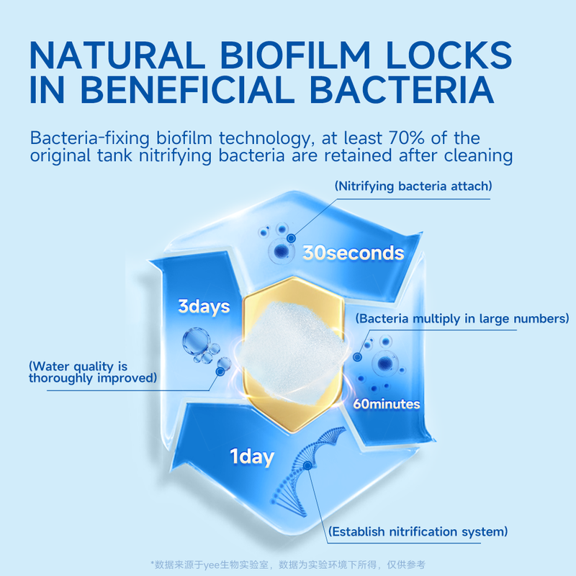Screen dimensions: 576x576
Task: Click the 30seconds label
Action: point(353,253)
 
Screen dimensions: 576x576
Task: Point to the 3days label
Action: point(204,307)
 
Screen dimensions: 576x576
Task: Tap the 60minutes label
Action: point(387,404)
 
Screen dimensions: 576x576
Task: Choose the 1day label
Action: point(252,457)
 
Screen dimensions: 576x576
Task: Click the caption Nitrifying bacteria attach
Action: point(413,186)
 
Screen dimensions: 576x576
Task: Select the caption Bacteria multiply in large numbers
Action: point(462,318)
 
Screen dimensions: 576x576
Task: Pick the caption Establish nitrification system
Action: point(418,531)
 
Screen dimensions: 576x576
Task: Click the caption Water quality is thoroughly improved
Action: point(93,372)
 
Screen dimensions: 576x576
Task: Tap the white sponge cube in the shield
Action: point(294,353)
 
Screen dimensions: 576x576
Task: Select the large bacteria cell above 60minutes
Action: point(385,364)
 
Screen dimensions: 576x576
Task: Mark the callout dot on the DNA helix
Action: point(308,465)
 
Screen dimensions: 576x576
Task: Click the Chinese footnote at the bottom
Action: point(288,564)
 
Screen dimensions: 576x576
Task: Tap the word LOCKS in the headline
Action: point(449,55)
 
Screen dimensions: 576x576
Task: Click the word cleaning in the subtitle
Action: point(478,156)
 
